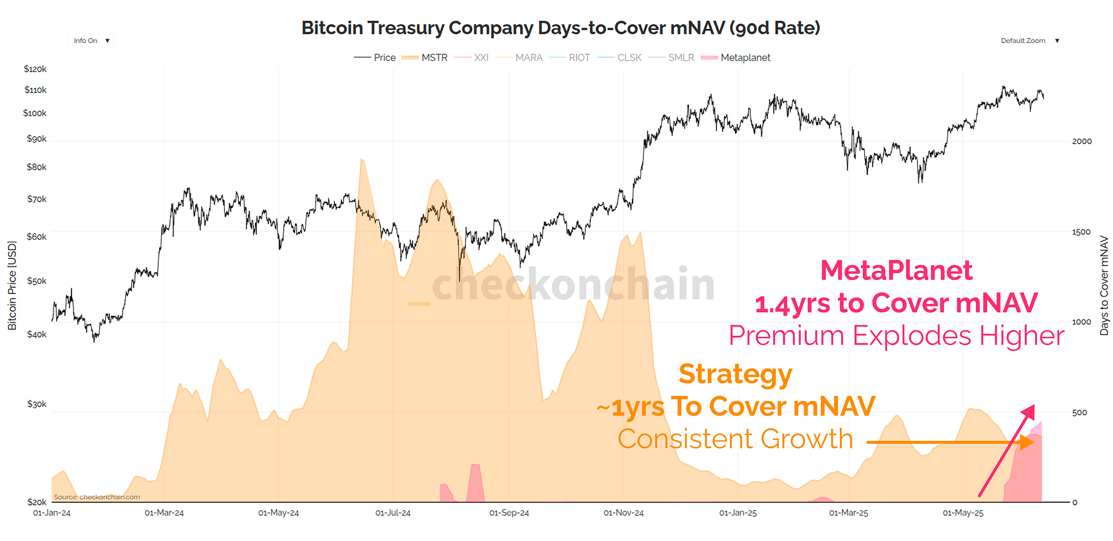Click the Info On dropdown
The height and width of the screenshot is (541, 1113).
(90, 41)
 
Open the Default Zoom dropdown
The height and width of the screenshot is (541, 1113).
(1029, 41)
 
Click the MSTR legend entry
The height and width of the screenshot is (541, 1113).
(425, 57)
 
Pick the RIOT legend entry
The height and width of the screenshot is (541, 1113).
(570, 57)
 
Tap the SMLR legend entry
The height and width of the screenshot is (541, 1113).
(672, 57)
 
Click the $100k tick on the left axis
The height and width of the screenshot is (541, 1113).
(35, 113)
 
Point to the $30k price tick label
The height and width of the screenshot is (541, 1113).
(37, 404)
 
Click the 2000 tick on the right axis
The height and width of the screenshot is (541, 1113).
(1081, 141)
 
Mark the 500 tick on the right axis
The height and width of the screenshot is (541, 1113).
(1079, 412)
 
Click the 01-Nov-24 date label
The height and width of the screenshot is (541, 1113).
(623, 513)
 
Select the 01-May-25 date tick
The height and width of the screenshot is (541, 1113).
(963, 513)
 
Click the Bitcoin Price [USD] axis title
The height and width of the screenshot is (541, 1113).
(12, 285)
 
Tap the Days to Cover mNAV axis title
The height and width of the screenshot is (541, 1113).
(1104, 285)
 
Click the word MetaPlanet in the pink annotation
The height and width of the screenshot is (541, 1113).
(896, 270)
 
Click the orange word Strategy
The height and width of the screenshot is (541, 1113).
(735, 374)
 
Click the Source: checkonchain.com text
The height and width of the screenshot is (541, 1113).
(96, 497)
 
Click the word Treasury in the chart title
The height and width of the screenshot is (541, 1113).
(406, 28)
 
